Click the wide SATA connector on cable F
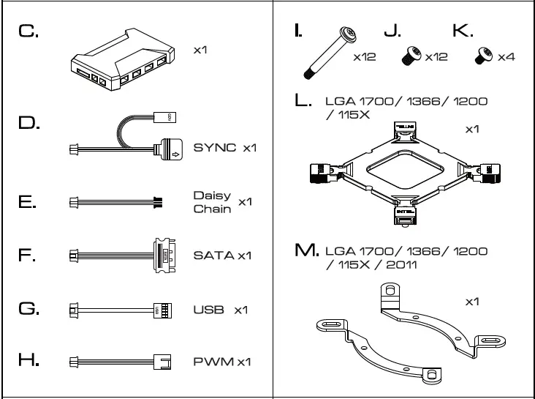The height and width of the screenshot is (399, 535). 166,256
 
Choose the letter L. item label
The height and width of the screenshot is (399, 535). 303,101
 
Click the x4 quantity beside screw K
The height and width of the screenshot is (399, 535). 506,57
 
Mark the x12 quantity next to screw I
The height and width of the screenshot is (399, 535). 364,57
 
